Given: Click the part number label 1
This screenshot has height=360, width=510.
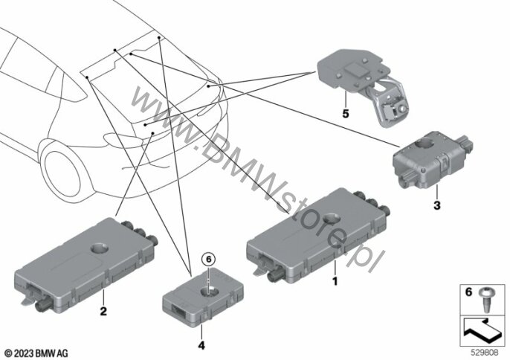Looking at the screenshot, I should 335,282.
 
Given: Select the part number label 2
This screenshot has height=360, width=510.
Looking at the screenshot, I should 103,310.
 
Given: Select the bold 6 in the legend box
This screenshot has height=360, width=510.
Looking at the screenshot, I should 468,293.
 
